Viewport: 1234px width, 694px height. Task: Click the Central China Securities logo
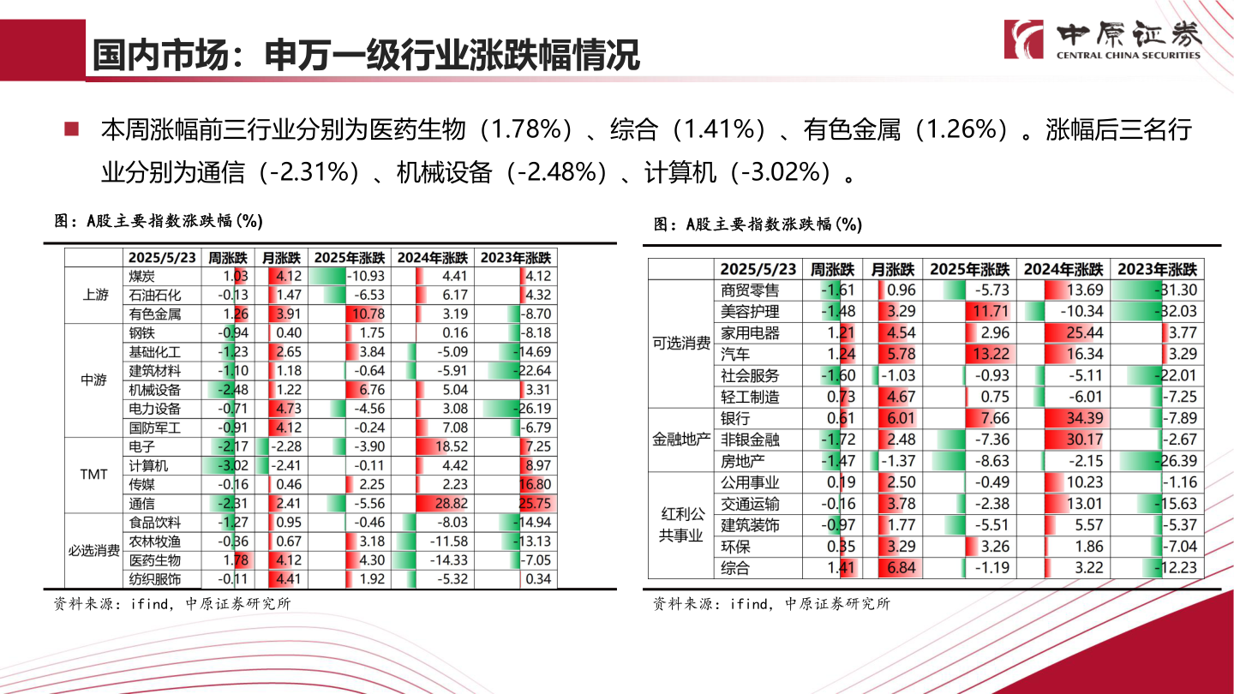1103,39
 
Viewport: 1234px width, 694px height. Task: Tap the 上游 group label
95,295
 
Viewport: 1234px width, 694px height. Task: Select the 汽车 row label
734,354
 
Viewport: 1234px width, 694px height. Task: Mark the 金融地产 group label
681,440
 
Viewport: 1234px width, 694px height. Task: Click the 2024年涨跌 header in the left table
433,257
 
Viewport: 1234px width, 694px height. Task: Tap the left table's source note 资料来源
172,603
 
